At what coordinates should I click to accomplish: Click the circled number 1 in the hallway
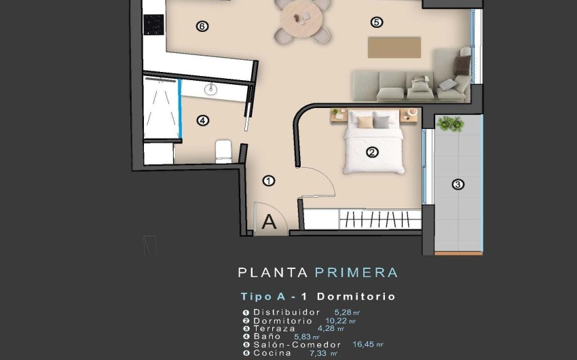269,181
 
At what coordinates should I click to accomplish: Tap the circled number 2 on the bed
372,152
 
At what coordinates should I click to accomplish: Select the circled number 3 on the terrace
458,184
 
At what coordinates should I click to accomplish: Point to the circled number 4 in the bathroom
202,121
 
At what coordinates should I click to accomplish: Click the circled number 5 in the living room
377,22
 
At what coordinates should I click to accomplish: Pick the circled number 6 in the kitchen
201,26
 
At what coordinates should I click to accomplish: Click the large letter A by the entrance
269,221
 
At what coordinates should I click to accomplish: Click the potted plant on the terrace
450,124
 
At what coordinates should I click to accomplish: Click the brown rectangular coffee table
394,47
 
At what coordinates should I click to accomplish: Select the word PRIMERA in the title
356,273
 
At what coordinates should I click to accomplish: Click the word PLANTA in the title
274,273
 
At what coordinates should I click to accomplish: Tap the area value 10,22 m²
341,321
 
